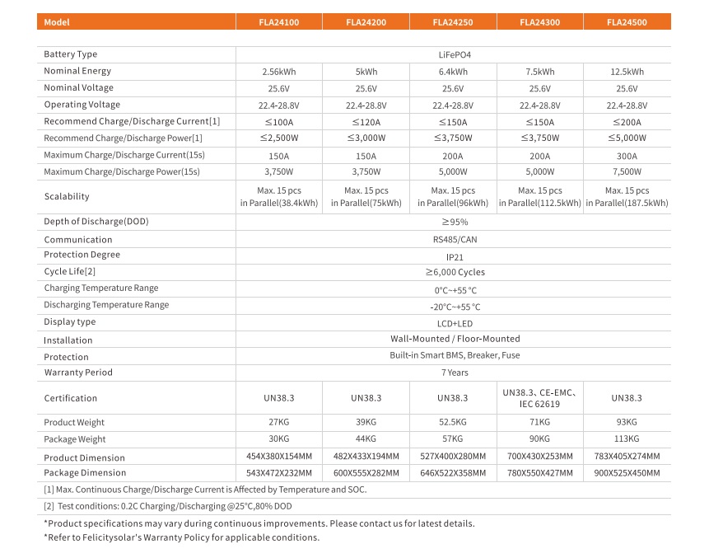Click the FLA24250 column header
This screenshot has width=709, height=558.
point(452,22)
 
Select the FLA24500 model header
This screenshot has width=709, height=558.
point(626,22)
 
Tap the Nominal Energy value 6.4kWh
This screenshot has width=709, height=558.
point(452,72)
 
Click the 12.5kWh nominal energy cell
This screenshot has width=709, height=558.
point(627,72)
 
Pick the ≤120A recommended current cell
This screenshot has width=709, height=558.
point(366,122)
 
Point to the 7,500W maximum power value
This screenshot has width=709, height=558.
point(627,172)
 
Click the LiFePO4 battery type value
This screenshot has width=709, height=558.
point(453,54)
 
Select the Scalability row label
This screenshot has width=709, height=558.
point(67,197)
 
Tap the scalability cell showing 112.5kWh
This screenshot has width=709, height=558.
point(539,197)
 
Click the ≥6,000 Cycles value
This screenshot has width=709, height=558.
point(453,272)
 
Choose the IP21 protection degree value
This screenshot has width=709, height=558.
point(453,256)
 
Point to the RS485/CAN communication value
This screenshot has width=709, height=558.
point(453,240)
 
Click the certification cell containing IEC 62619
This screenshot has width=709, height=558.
point(539,398)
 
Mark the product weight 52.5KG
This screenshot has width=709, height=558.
point(452,423)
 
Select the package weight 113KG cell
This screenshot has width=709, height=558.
point(627,439)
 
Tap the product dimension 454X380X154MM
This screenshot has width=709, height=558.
point(278,457)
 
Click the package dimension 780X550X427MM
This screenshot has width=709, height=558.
point(539,473)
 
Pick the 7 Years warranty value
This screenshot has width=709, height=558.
point(453,373)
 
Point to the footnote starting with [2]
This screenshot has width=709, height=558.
point(168,505)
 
